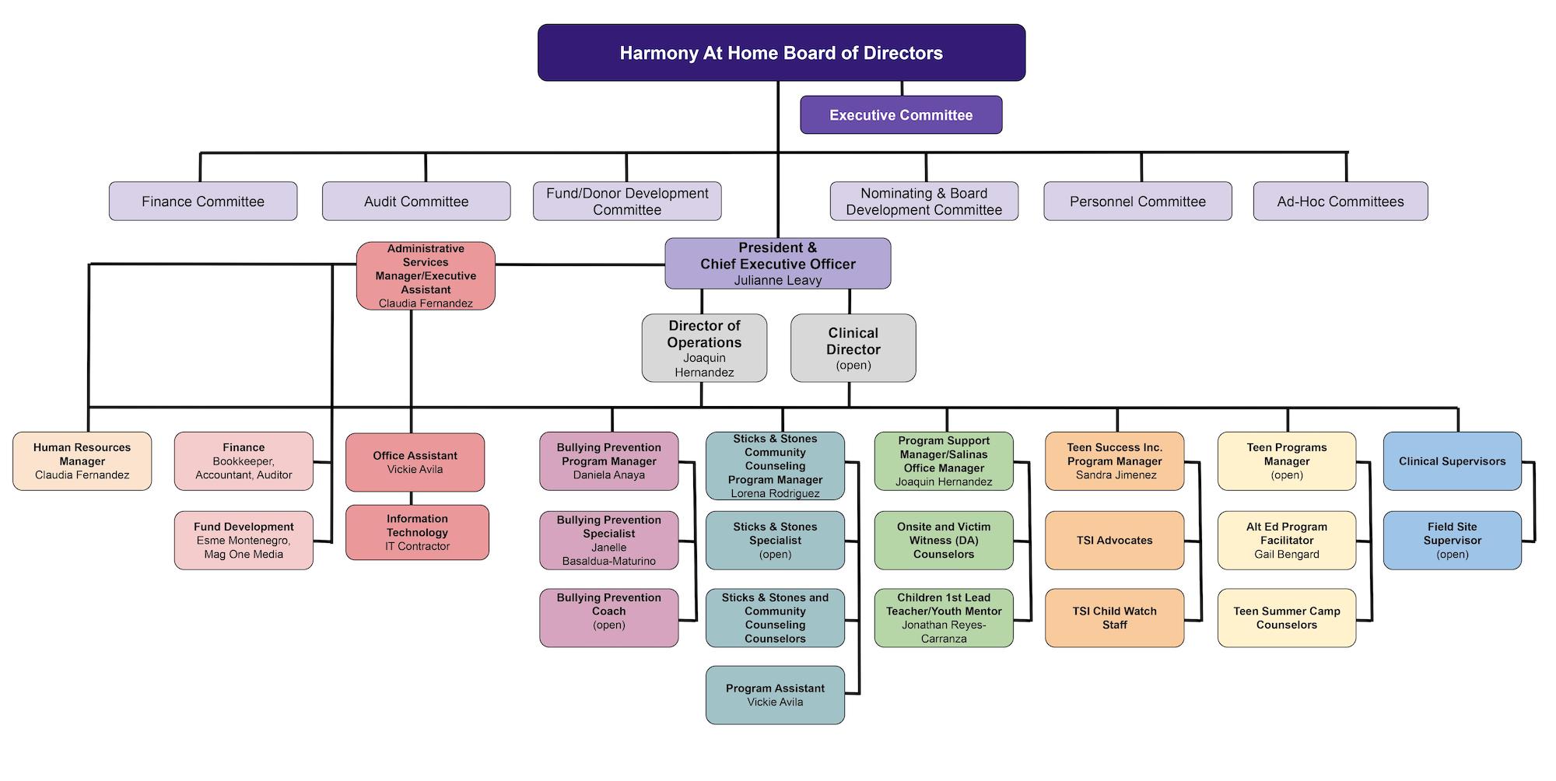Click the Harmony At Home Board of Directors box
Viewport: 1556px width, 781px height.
781,53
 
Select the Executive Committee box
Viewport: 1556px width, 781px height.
901,115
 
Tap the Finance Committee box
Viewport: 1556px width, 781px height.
203,201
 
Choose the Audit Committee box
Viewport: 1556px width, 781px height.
416,201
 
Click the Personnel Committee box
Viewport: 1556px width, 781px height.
1137,201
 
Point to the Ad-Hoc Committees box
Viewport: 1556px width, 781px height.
1340,201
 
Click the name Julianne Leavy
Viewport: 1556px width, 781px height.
778,280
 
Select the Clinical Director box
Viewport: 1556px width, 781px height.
853,348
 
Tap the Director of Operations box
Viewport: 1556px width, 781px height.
704,348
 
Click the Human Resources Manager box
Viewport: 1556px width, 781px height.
82,461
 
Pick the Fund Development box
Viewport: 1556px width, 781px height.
244,540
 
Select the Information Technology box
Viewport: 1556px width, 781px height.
417,532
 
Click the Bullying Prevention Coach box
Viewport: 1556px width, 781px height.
608,618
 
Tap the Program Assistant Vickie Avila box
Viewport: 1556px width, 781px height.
775,695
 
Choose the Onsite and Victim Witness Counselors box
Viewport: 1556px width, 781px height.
944,540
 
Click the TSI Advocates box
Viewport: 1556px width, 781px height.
1114,540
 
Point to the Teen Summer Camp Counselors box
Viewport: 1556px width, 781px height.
1286,618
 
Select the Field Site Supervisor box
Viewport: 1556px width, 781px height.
1452,540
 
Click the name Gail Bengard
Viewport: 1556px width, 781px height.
1286,554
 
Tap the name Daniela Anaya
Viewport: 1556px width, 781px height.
608,475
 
